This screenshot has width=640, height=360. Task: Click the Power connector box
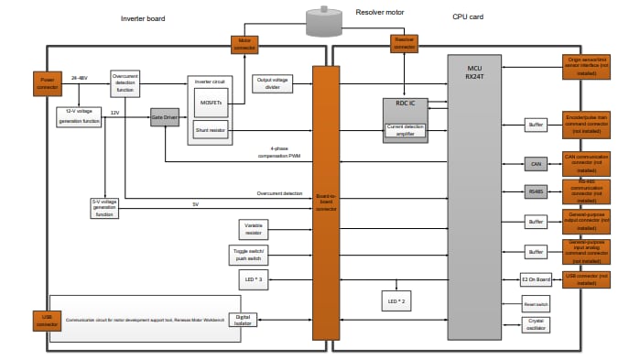(x=48, y=84)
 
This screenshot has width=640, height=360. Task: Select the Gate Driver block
(x=166, y=117)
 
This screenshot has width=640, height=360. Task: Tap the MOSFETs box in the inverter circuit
(x=212, y=104)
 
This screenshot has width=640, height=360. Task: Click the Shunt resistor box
(x=212, y=131)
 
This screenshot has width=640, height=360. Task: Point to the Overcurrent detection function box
(x=125, y=83)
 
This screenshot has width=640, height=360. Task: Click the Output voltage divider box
(x=272, y=84)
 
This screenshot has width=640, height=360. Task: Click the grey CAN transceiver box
(x=537, y=164)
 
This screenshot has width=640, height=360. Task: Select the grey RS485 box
(x=537, y=191)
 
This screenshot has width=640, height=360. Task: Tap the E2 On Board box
(x=537, y=278)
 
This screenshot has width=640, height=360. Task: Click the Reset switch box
(x=537, y=302)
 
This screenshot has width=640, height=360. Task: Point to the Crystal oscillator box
(x=537, y=324)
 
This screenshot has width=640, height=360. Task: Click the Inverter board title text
(x=144, y=18)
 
